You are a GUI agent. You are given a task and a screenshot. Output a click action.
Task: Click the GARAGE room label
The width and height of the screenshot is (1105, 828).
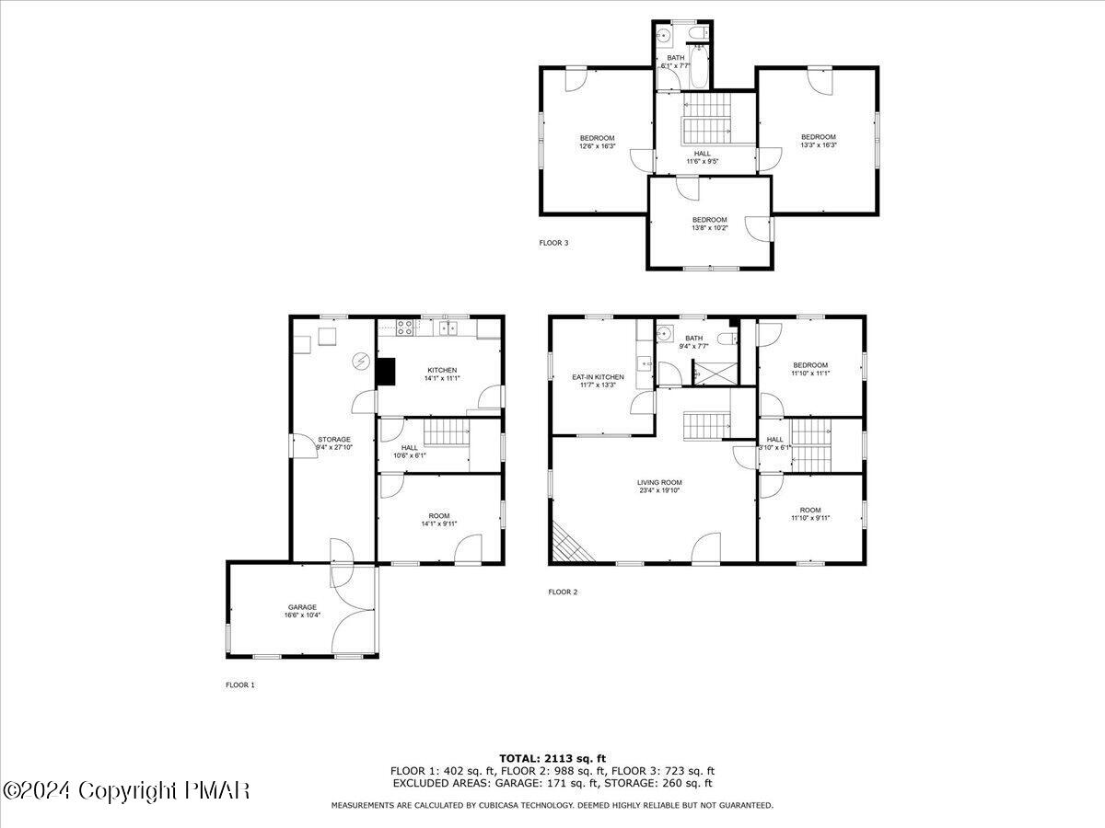[x=302, y=607]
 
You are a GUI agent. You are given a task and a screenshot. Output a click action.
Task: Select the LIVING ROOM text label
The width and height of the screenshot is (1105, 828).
[x=659, y=482]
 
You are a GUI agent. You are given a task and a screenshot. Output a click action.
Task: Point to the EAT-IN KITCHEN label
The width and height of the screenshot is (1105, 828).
[x=598, y=377]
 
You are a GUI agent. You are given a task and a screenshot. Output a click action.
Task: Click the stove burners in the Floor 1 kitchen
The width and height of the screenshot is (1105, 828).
[x=405, y=326]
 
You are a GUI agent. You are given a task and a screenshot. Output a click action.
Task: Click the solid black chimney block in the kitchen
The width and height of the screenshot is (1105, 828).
[x=385, y=371]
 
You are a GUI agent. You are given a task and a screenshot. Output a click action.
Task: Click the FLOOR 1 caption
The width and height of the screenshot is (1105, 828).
[x=240, y=684]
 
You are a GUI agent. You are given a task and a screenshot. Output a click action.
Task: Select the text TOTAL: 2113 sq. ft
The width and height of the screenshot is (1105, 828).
[x=552, y=758]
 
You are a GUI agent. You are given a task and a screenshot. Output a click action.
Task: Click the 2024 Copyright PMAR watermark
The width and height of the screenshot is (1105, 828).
[x=126, y=790]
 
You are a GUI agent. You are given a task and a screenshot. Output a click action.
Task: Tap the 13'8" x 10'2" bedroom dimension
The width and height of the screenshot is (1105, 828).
[x=710, y=228]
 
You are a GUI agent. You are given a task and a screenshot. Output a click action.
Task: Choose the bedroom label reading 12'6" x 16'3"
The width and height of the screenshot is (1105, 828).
[x=597, y=146]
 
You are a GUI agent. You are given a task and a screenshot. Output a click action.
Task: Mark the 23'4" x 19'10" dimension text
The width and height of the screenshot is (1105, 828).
[x=659, y=491]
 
